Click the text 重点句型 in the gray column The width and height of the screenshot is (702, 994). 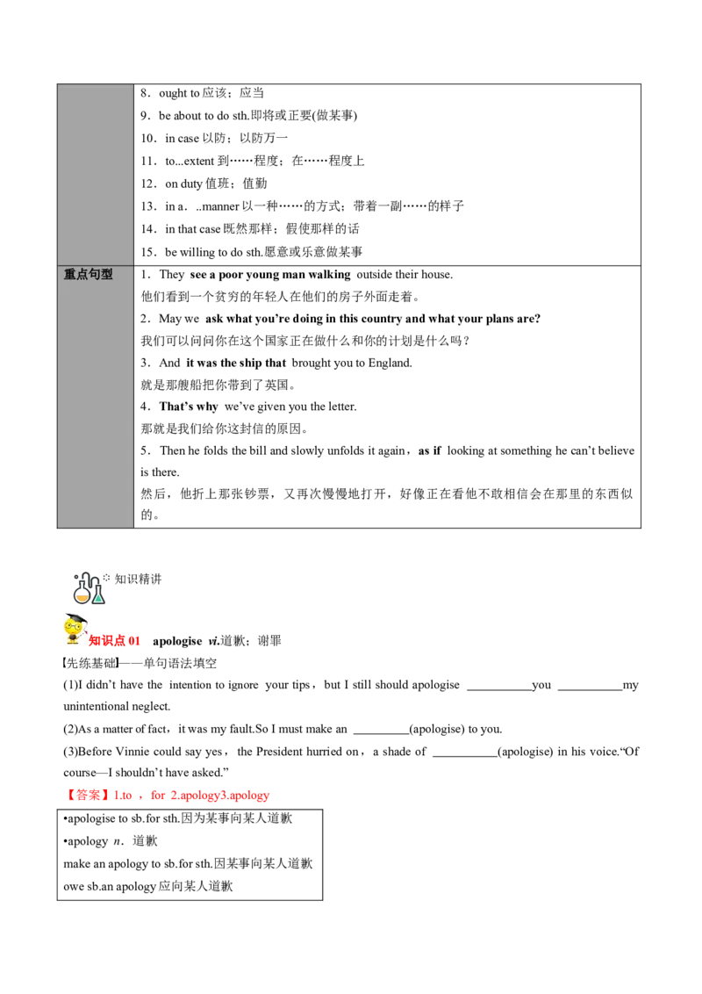point(88,274)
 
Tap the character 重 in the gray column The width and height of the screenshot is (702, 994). point(69,274)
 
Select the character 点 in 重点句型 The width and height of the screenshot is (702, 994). point(82,274)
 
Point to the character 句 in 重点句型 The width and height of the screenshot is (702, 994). point(94,274)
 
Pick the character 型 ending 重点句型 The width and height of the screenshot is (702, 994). point(106,274)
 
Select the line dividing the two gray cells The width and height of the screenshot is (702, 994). point(95,265)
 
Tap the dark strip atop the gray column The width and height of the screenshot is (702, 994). point(95,80)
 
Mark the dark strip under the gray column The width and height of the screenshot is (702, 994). point(95,531)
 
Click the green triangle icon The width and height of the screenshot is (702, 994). point(98,598)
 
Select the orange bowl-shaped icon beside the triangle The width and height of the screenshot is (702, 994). point(82,596)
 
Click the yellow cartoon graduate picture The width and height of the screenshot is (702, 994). point(73,628)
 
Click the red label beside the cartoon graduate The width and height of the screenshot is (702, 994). point(115,640)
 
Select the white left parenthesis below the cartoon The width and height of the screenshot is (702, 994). point(66,662)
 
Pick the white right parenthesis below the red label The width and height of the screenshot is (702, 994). point(115,662)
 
